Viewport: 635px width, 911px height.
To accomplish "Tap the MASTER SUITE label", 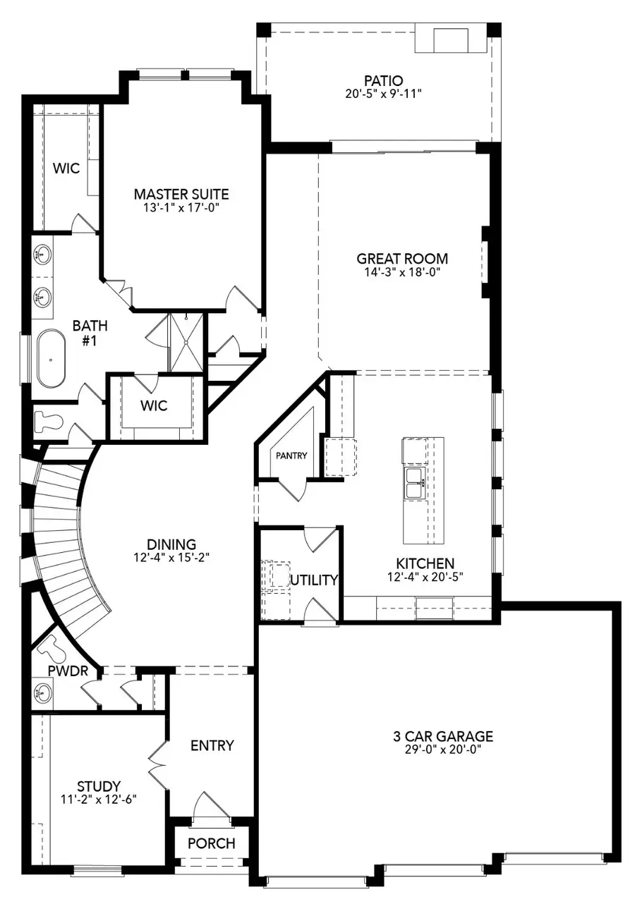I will point(181,194).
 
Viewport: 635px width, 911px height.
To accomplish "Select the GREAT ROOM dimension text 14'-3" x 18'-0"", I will point(402,271).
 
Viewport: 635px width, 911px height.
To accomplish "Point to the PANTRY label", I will point(291,455).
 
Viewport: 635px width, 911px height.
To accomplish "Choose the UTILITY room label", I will point(314,580).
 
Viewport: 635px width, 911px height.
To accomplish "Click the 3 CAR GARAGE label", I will point(443,737).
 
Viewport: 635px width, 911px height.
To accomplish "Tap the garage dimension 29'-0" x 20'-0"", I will point(443,750).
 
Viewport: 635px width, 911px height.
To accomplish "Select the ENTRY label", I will point(212,745).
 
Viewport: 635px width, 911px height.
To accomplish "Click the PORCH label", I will point(212,843).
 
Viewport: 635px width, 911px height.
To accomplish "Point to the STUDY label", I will point(99,785).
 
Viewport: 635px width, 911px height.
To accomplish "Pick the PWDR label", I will point(68,671).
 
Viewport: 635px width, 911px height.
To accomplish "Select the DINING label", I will point(171,544).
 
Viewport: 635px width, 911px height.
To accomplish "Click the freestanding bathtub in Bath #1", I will point(51,357).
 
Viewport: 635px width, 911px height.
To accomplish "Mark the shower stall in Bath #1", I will point(186,343).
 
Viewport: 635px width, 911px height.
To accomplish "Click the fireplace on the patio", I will point(449,40).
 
